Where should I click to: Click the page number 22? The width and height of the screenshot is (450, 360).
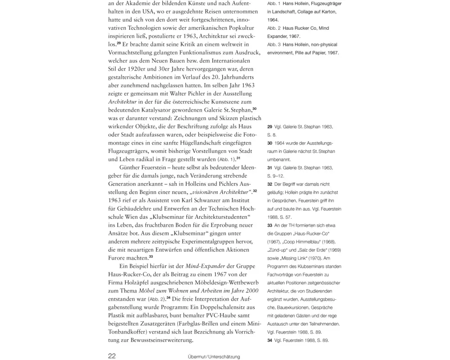coord(112,355)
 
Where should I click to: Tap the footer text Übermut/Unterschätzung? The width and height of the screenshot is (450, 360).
coord(214,357)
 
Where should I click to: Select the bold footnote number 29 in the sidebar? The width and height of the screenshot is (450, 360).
coord(270,127)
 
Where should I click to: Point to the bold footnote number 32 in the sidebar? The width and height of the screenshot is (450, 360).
coord(270,184)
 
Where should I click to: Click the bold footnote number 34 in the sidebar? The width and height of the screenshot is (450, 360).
coord(270,340)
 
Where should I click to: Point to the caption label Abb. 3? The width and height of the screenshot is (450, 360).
coord(274,45)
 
